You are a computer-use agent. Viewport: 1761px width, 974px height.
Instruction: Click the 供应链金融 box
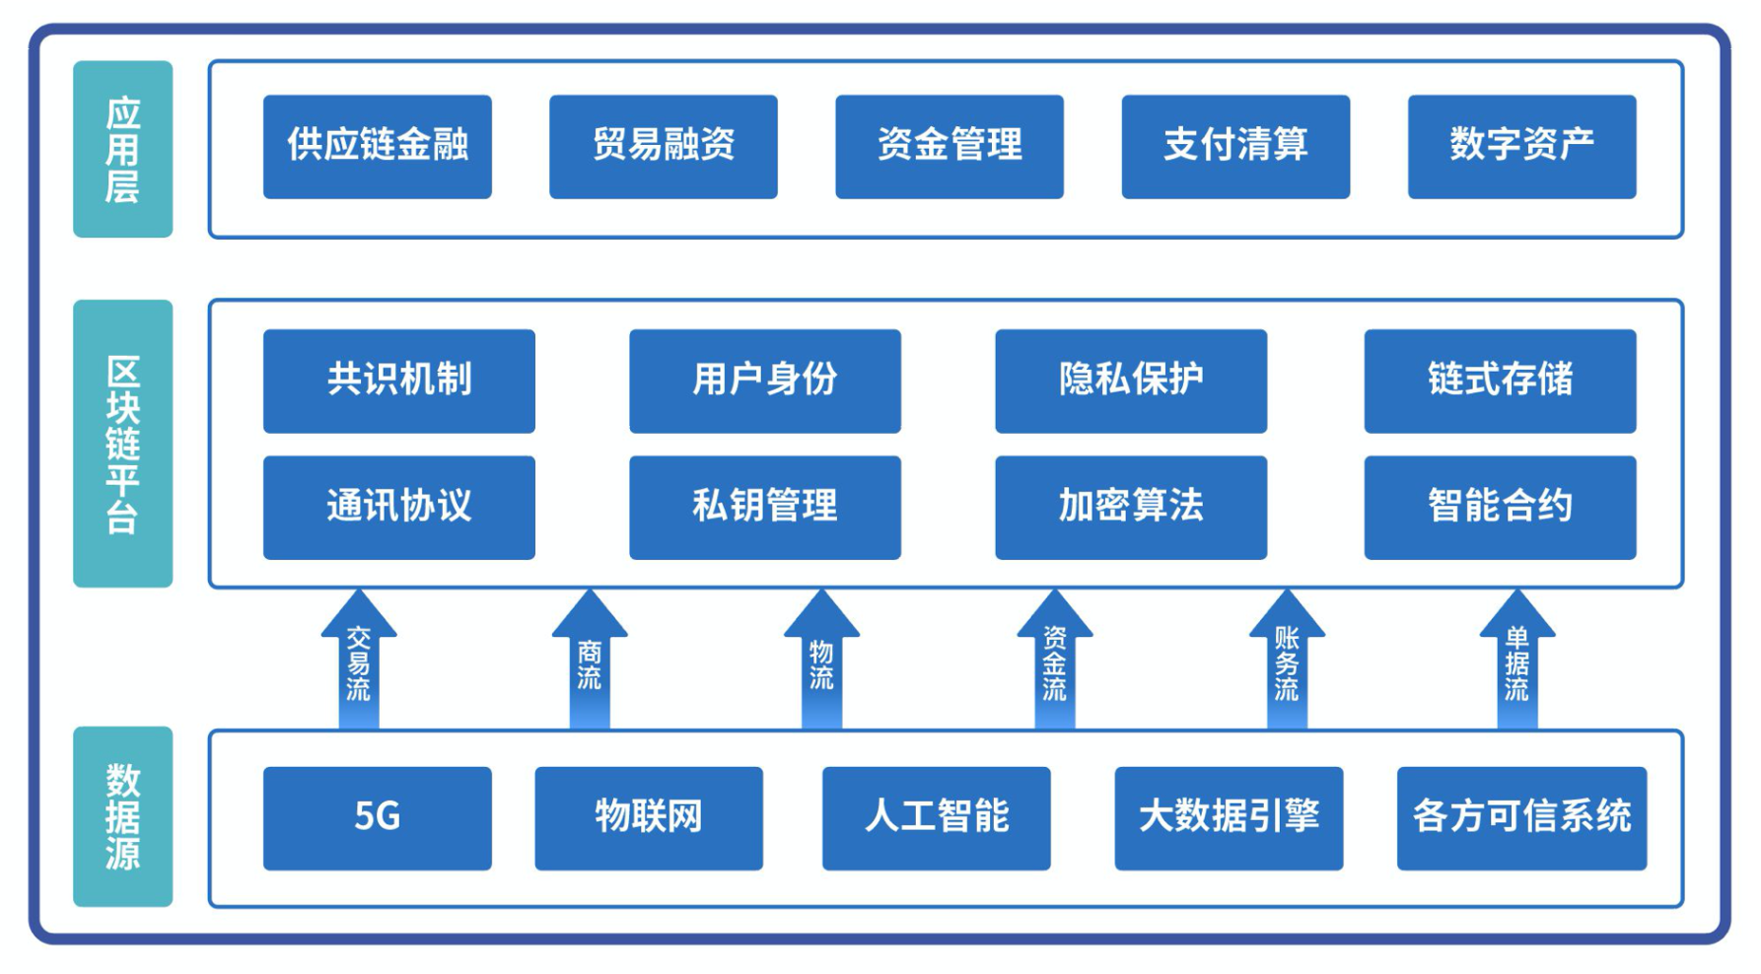(377, 146)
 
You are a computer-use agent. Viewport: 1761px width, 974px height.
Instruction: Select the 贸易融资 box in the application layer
(663, 146)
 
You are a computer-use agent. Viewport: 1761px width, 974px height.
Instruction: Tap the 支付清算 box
(1234, 146)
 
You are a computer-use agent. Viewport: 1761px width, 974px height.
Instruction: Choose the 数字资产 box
(1520, 146)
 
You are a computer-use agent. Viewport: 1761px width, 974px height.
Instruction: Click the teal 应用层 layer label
(122, 149)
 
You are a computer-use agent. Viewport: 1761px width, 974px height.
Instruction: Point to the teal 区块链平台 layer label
(122, 443)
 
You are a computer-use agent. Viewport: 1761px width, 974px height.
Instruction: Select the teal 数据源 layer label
(122, 815)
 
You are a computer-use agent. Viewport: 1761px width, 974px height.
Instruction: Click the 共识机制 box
(398, 381)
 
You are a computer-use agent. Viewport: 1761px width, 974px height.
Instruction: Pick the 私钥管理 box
(764, 507)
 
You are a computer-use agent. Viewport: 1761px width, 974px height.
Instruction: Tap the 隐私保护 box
(1130, 381)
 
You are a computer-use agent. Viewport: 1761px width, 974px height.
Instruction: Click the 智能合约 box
(1499, 507)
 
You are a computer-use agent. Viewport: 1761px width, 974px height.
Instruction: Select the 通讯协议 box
(398, 507)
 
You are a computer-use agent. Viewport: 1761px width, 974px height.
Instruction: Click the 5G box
(377, 817)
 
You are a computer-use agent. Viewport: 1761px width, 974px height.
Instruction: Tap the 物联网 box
(648, 817)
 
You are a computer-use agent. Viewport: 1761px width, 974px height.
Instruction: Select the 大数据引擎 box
(1228, 817)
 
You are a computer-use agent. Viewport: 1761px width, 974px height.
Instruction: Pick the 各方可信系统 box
(1520, 817)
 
